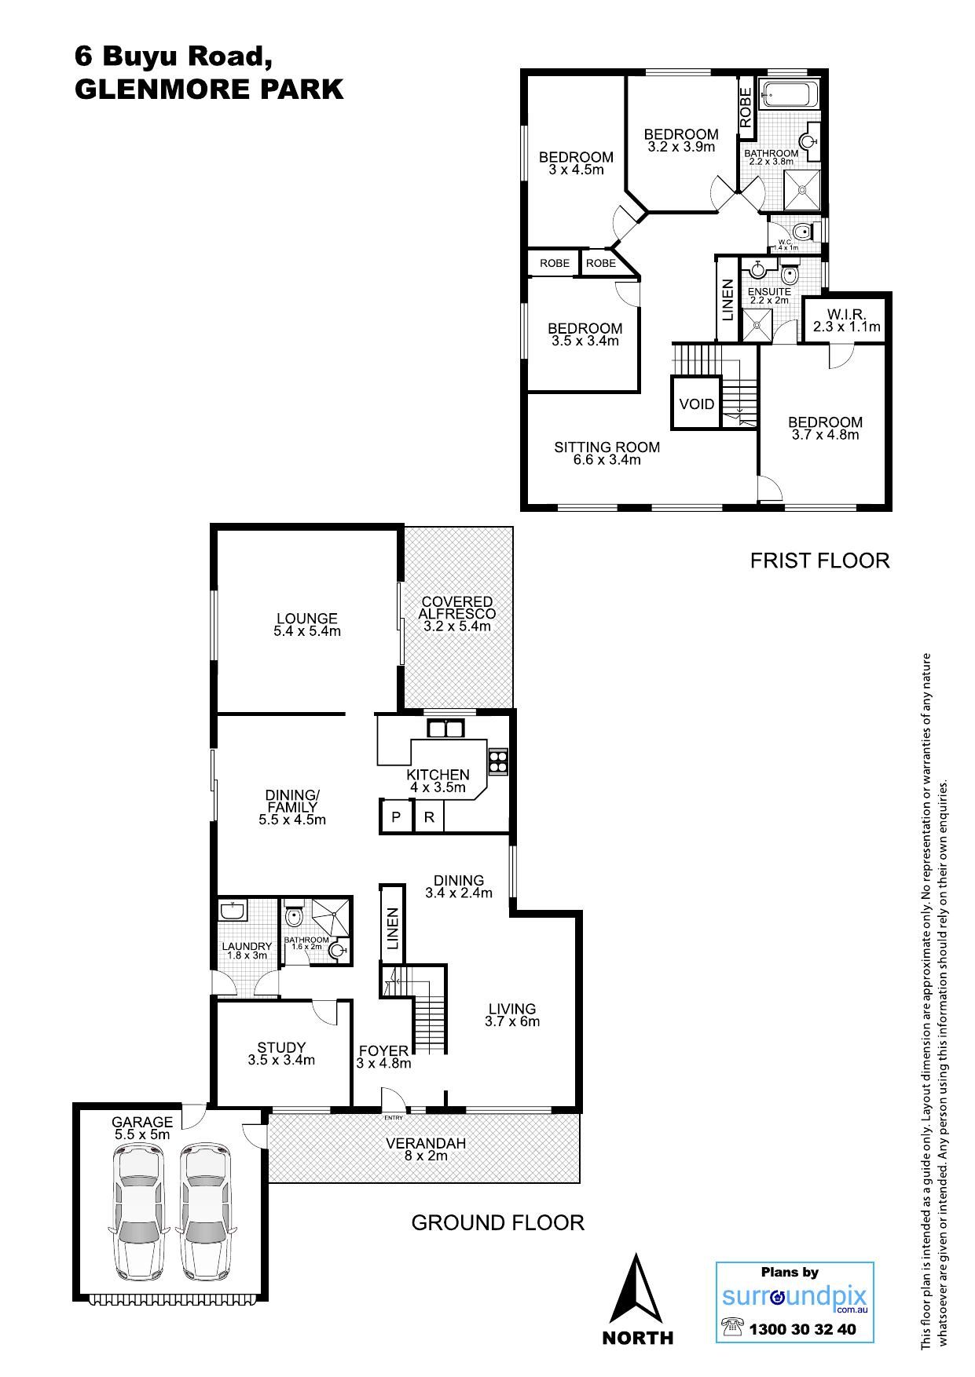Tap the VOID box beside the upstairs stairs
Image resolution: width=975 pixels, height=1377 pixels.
coord(696,404)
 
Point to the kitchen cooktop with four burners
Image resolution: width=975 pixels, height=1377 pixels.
coord(498,760)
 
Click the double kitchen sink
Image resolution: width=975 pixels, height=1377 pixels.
coord(445,729)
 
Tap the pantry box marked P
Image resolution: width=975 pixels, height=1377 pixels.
coord(397,816)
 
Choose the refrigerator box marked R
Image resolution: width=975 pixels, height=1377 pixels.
coord(429,816)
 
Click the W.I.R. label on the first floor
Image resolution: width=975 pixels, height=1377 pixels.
coord(846,314)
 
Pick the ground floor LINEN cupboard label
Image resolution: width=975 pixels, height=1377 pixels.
coord(393,929)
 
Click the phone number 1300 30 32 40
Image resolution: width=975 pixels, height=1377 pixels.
coord(803,1330)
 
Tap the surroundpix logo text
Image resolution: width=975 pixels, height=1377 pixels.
coord(794,1296)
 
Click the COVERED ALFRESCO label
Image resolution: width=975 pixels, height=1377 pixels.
coord(457,608)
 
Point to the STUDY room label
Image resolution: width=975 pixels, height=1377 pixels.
coord(281,1047)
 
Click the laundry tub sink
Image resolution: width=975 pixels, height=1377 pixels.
coord(233,911)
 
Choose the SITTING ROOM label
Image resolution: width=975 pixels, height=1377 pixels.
coord(607,447)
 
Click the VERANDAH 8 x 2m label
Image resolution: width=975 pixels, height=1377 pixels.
coord(426,1149)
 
